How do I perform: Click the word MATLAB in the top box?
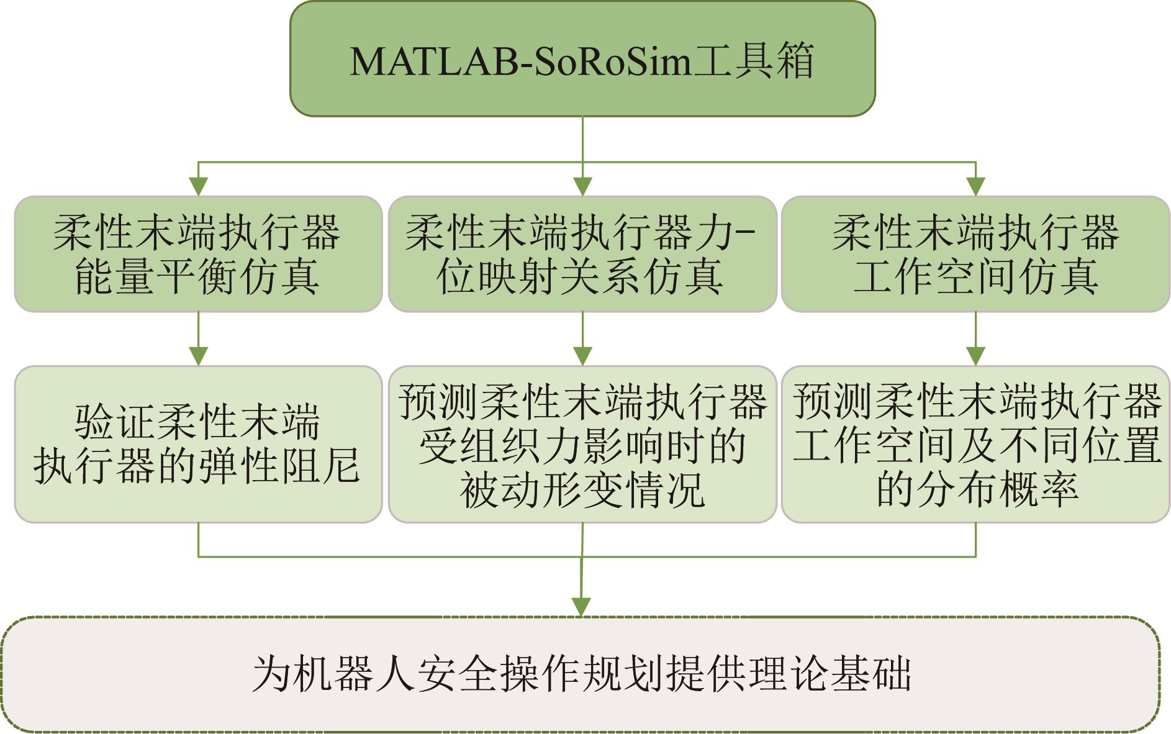click(434, 61)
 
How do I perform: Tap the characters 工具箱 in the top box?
click(753, 61)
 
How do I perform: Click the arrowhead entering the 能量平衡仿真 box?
click(198, 186)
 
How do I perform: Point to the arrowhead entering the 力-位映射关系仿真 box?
click(582, 186)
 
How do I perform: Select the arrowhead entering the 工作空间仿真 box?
click(975, 186)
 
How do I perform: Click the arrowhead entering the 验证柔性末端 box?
click(198, 356)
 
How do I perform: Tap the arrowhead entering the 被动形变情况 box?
click(582, 356)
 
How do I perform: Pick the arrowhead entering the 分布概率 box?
click(975, 356)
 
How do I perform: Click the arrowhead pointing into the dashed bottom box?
click(581, 607)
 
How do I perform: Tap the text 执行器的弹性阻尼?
click(197, 466)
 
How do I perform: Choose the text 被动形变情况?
click(582, 490)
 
